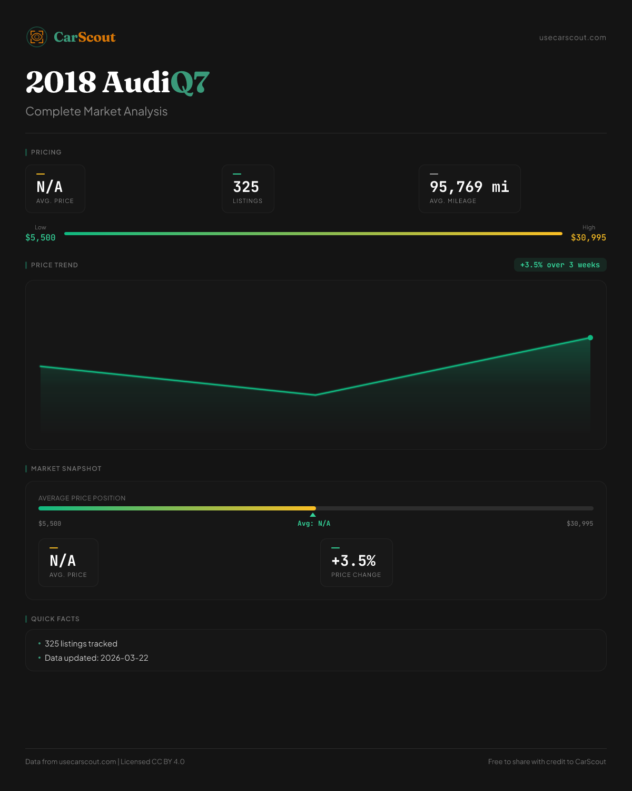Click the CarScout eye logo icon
point(37,37)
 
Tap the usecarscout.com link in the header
point(572,37)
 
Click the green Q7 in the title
point(190,83)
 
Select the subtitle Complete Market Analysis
point(96,111)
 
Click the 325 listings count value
point(246,187)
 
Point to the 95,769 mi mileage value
point(469,187)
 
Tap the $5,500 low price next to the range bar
point(41,237)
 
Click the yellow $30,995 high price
point(588,237)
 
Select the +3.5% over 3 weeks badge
point(560,265)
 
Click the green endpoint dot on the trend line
point(590,337)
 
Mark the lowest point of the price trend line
point(315,394)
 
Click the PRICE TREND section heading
point(54,265)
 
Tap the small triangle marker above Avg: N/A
point(313,515)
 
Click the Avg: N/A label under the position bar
point(314,524)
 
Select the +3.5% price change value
point(353,561)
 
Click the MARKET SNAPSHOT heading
point(66,469)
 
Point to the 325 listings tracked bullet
point(81,644)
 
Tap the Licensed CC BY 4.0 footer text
point(153,761)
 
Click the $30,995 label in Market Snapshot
point(579,524)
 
